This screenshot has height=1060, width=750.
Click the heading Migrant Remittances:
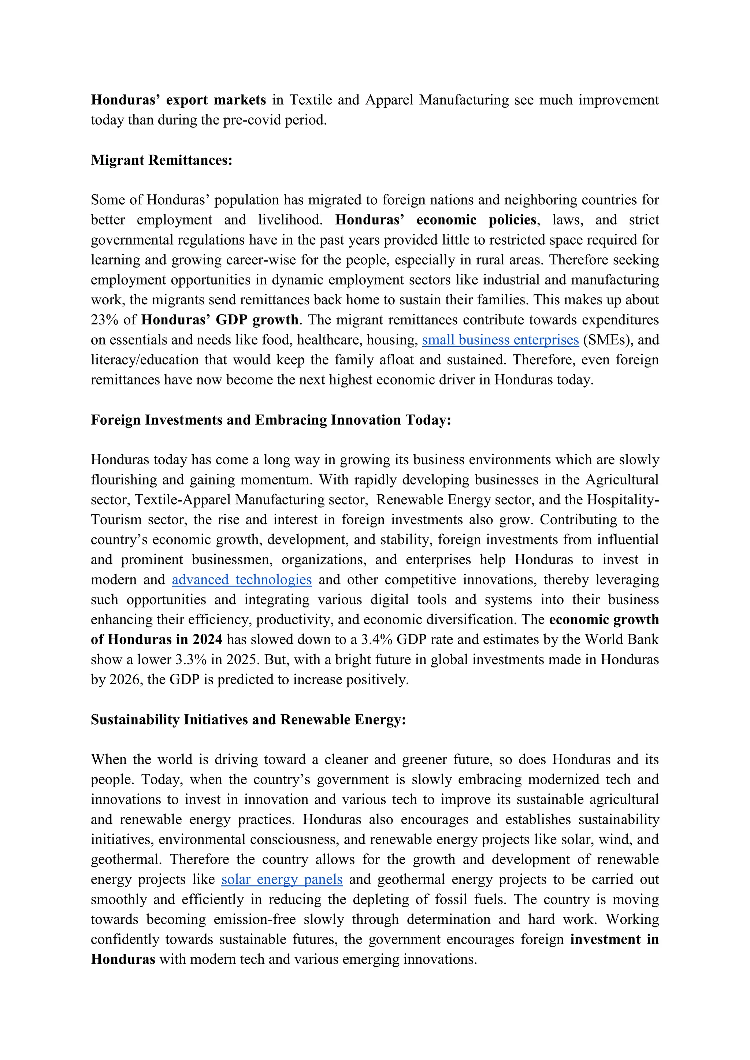[x=161, y=160]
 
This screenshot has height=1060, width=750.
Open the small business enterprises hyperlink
[x=500, y=340]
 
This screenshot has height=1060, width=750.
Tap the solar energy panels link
[x=282, y=879]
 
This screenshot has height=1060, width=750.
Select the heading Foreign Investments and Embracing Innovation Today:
[x=271, y=420]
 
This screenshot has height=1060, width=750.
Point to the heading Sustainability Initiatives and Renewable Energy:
[x=248, y=720]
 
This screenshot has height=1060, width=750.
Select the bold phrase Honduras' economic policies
[x=436, y=220]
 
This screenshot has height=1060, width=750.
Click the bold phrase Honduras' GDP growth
[x=220, y=320]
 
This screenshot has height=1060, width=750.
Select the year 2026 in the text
[x=125, y=680]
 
